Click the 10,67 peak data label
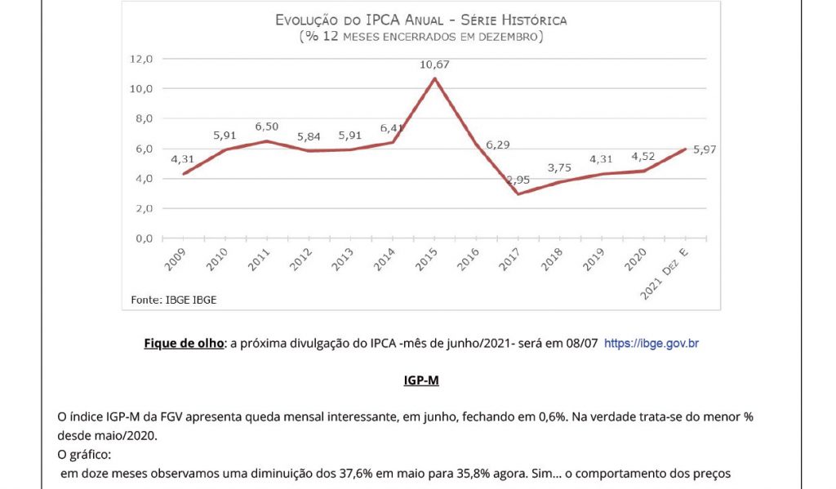click(x=434, y=64)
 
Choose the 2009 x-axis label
click(x=174, y=260)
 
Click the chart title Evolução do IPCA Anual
click(x=420, y=20)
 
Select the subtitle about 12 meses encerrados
click(x=420, y=37)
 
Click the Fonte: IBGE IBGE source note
click(x=174, y=300)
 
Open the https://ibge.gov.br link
click(x=651, y=344)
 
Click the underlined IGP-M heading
click(x=420, y=380)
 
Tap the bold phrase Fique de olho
click(x=184, y=344)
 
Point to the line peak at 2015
click(x=435, y=78)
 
